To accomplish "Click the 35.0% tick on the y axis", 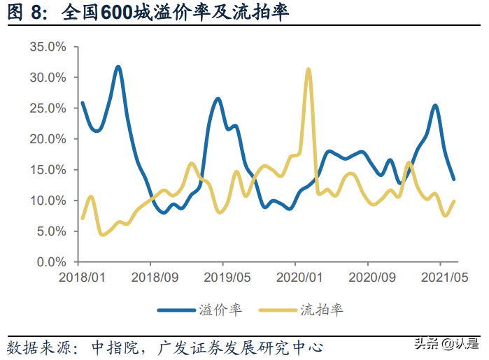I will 48,47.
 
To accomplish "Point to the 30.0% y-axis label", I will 48,78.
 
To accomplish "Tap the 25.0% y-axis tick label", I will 48,108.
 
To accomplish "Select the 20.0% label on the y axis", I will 48,139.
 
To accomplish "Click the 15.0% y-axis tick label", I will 48,170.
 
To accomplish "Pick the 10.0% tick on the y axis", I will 48,201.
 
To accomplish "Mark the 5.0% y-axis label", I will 50,231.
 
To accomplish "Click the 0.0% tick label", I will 50,262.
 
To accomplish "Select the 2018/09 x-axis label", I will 150,278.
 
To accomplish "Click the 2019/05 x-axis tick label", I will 223,278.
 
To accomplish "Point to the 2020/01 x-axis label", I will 295,278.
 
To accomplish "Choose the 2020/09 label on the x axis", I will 368,278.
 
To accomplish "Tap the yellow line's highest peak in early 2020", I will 308,69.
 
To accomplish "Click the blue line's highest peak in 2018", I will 118,67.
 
